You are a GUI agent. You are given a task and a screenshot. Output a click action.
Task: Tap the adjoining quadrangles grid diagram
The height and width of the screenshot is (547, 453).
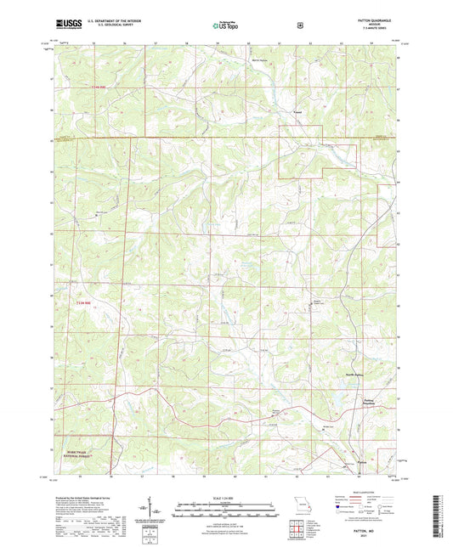[x=297, y=530]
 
